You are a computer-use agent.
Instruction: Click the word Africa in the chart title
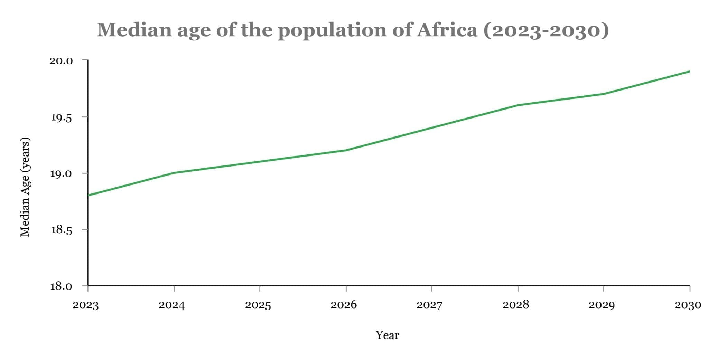point(447,30)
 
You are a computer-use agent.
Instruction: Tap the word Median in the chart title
point(134,30)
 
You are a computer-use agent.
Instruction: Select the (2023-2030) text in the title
point(546,30)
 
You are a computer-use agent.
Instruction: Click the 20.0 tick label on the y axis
point(61,61)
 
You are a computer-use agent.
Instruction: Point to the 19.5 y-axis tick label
point(61,118)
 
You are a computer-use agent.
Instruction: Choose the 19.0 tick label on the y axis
point(61,173)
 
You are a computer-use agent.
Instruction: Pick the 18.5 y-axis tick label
point(61,230)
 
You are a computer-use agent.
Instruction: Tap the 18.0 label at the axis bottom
point(61,286)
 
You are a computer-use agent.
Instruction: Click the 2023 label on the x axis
point(86,305)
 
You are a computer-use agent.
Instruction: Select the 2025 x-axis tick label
point(258,305)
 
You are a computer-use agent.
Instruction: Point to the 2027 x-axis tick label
point(429,305)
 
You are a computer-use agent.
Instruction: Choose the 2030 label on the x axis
point(688,305)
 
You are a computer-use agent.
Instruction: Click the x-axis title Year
point(387,335)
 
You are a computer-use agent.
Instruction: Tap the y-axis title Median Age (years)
point(25,187)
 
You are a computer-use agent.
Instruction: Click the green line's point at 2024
point(174,173)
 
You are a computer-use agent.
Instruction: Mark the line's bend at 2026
point(346,150)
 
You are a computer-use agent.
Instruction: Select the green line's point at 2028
point(518,105)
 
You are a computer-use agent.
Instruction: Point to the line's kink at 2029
point(603,94)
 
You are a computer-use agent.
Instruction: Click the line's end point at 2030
point(689,72)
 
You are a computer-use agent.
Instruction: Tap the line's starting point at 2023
point(88,195)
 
